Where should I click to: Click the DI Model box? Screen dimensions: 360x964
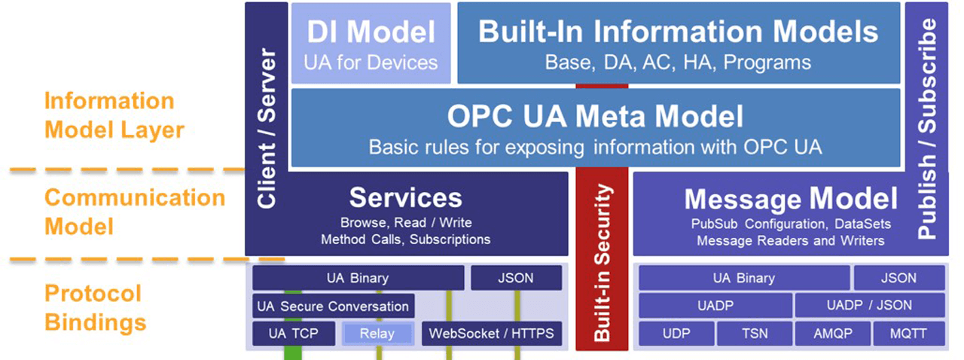[371, 44]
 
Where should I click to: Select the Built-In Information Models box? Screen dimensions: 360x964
[678, 44]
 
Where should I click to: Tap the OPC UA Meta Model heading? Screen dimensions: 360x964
[595, 117]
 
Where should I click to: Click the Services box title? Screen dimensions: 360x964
[405, 197]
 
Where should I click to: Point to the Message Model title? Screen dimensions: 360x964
[790, 199]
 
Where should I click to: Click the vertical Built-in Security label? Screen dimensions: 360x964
[602, 264]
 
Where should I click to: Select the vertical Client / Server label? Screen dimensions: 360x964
[267, 128]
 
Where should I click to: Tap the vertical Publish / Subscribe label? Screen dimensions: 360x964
[929, 128]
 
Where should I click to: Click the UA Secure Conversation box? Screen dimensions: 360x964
[333, 307]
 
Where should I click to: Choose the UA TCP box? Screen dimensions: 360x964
[293, 334]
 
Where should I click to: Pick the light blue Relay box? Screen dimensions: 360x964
[377, 334]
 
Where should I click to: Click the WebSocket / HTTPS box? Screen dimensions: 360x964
[491, 334]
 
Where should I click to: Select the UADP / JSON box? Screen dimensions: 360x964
[868, 306]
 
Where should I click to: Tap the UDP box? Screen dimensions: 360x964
[676, 334]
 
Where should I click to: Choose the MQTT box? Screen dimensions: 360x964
[909, 334]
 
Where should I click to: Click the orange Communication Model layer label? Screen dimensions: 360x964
[134, 212]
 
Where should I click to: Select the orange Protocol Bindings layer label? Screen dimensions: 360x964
[94, 307]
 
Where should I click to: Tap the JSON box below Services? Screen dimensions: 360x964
[516, 278]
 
